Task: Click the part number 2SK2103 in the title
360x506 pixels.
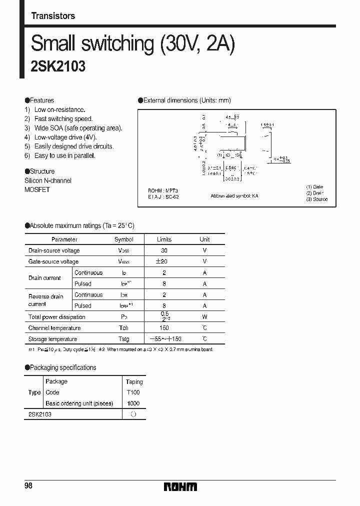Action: (x=58, y=66)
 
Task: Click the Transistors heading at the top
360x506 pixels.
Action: (x=53, y=16)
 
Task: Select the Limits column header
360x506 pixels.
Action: (x=164, y=239)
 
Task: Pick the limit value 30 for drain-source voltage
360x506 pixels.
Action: (x=164, y=250)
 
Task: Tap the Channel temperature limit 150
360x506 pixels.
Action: (x=164, y=328)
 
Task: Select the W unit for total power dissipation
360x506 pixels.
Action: (x=204, y=316)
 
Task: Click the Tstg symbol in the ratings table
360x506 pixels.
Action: (x=123, y=339)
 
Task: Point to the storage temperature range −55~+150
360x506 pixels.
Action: (x=164, y=339)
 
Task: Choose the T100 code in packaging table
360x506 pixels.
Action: (x=133, y=392)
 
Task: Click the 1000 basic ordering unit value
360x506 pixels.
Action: (x=133, y=403)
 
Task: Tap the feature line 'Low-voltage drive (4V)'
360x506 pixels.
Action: (x=65, y=137)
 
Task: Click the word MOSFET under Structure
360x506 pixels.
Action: (x=37, y=190)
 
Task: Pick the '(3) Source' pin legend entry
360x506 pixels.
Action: (x=316, y=199)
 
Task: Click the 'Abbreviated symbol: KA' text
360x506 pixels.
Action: (x=234, y=196)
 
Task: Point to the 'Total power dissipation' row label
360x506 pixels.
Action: (x=57, y=317)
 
